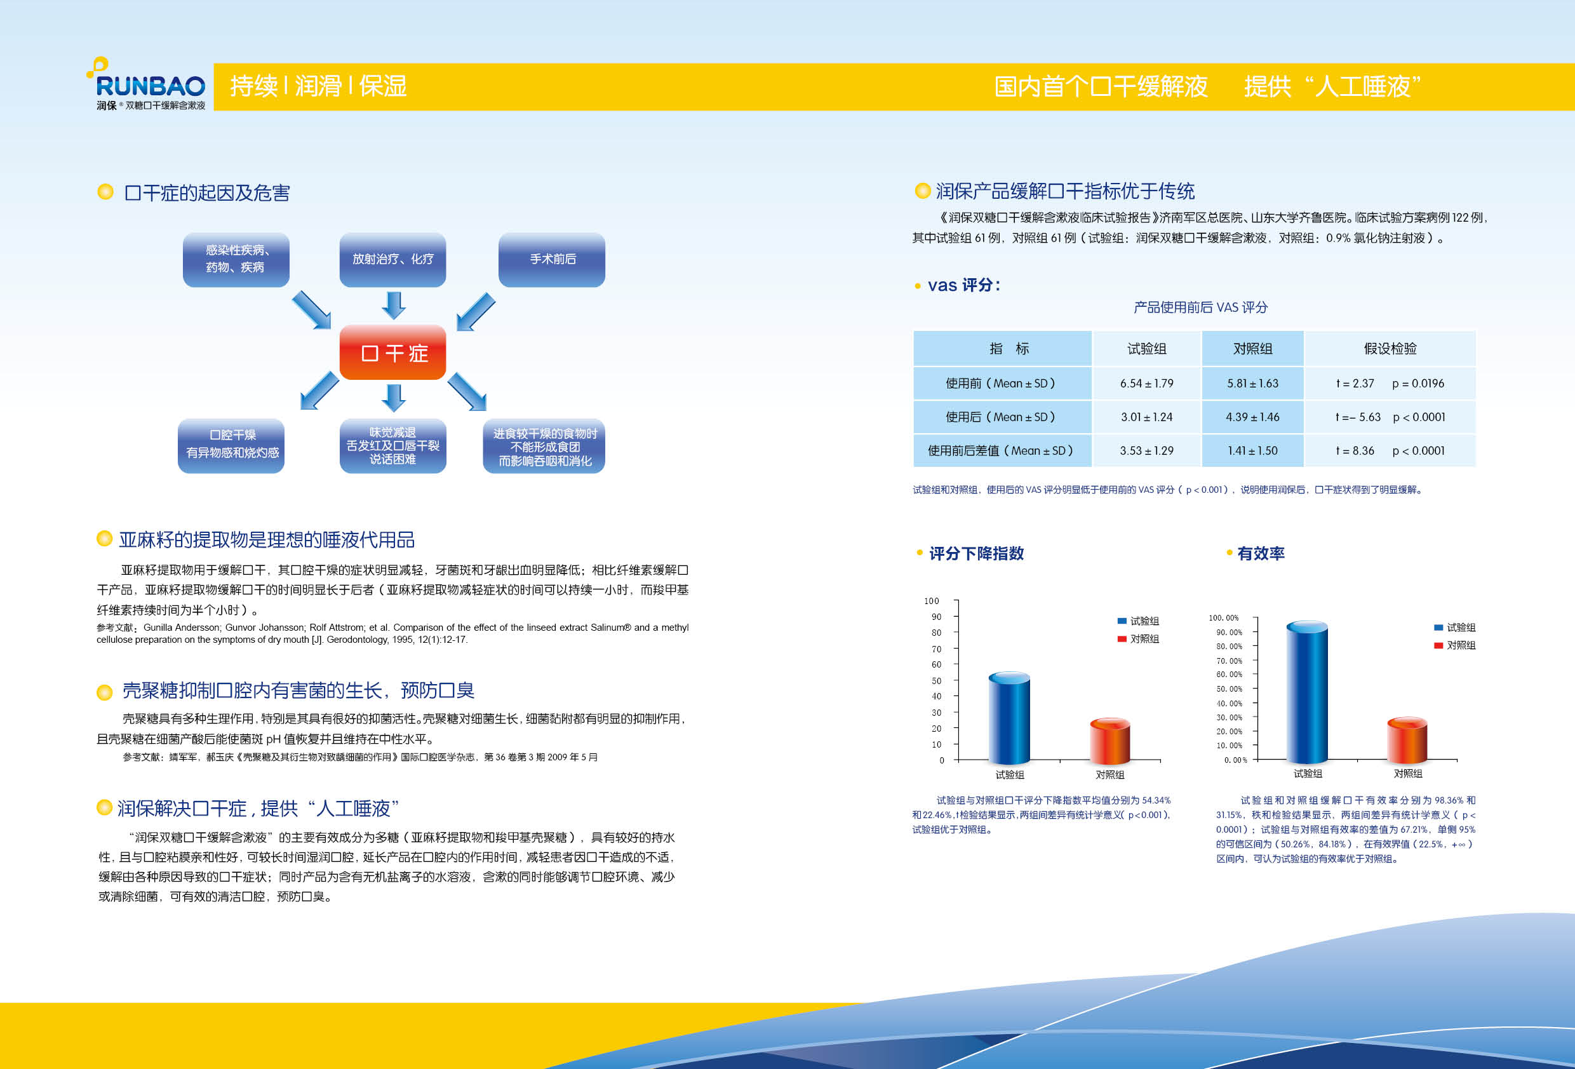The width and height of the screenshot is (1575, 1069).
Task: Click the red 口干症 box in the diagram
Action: point(392,353)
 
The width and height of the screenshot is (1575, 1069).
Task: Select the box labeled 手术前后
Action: point(552,260)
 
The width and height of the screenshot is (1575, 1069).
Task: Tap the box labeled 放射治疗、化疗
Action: point(392,260)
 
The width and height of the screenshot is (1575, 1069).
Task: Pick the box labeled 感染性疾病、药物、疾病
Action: point(236,260)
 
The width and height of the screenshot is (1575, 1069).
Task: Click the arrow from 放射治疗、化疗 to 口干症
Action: point(393,305)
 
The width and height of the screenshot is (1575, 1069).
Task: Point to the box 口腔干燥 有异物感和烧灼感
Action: point(231,445)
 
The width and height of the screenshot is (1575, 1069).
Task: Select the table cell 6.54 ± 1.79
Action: point(1147,383)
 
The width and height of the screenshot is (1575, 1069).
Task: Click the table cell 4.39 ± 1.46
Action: point(1252,417)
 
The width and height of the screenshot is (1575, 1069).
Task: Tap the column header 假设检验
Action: point(1390,349)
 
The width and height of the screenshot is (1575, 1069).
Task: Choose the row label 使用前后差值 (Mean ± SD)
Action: point(1002,451)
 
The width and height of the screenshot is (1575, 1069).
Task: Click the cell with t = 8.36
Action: point(1390,451)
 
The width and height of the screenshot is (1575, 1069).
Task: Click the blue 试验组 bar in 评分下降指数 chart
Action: point(1009,718)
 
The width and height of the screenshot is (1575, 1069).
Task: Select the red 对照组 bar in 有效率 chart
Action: point(1407,740)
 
